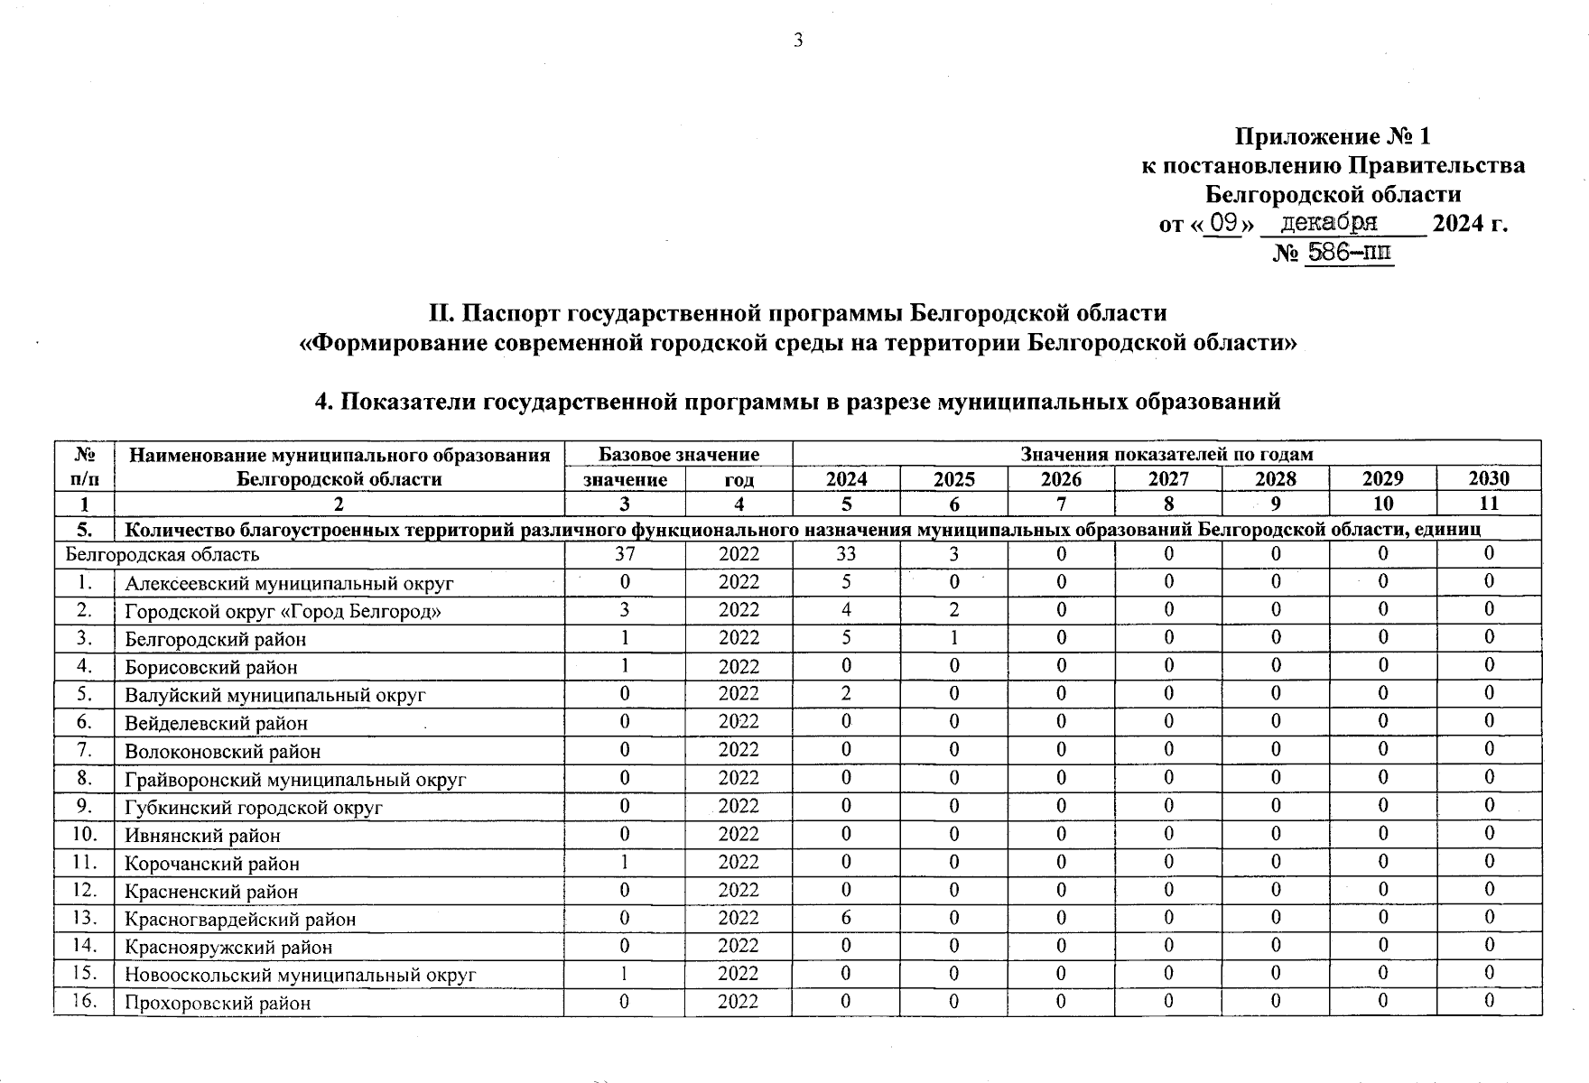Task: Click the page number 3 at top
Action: point(798,40)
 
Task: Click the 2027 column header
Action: point(1168,479)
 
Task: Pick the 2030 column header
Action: point(1489,479)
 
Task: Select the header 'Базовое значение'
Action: point(678,454)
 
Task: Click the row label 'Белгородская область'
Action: point(163,554)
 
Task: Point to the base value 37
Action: point(625,554)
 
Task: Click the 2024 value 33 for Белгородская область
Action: point(846,554)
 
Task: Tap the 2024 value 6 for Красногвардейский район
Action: point(846,918)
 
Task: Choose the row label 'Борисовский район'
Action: point(211,667)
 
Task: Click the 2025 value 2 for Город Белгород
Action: point(953,610)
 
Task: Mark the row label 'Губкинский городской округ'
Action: point(254,807)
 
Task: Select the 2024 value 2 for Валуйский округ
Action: point(846,694)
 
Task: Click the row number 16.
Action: point(84,1001)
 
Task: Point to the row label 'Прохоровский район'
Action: point(218,1003)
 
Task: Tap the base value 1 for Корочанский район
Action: point(625,862)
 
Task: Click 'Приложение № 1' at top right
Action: point(1333,137)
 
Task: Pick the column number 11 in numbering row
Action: point(1489,504)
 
